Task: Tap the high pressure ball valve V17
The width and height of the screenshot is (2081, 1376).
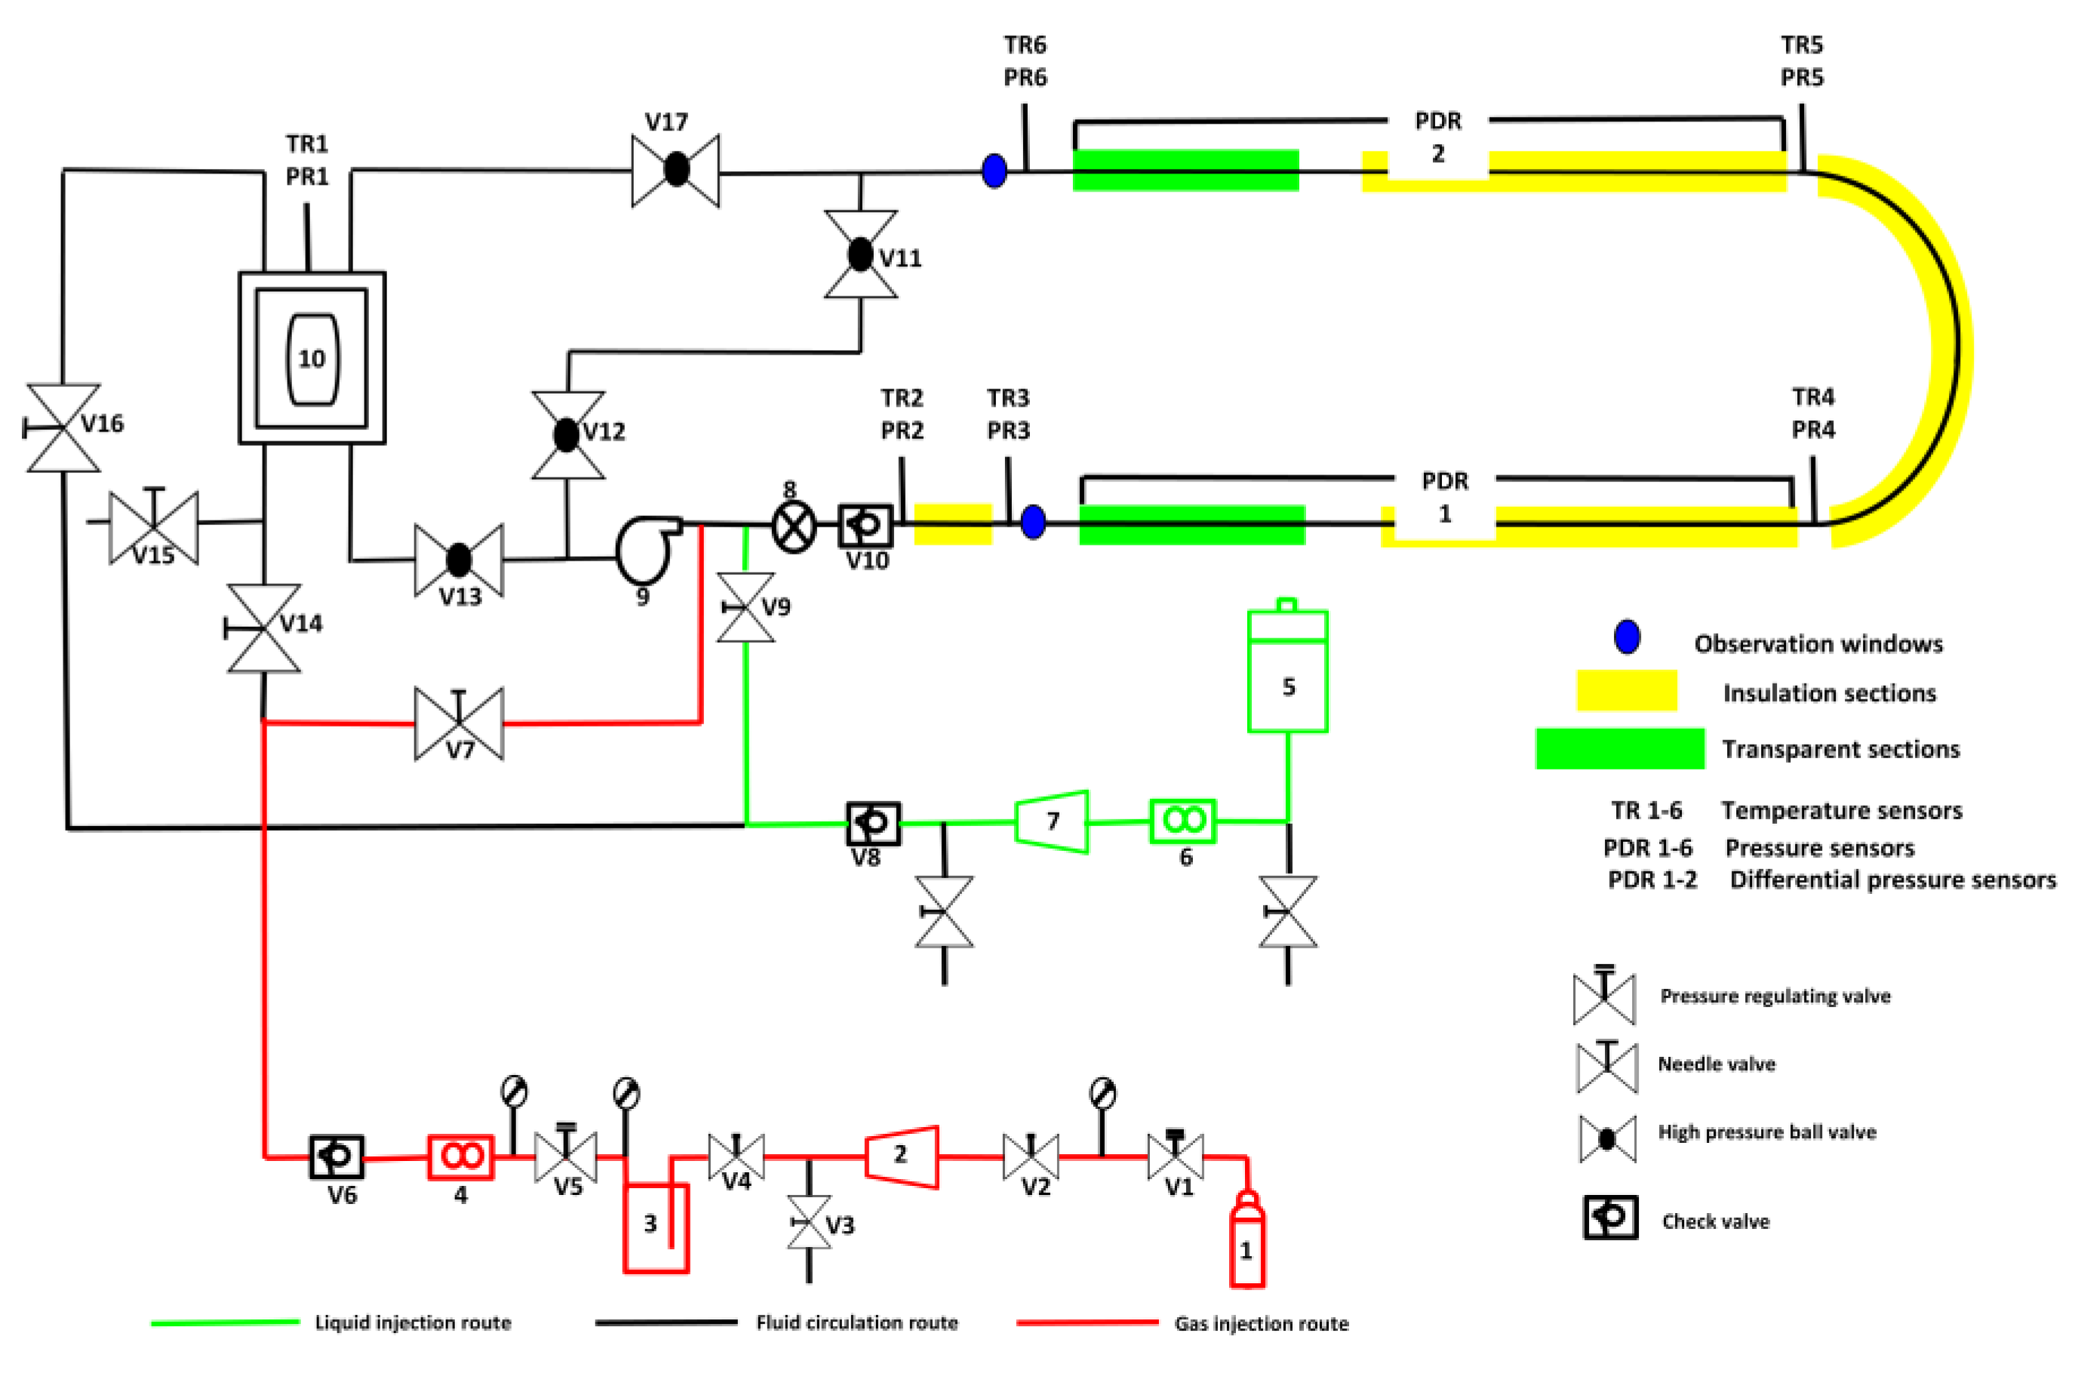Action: click(676, 170)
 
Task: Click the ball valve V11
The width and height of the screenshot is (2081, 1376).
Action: click(860, 254)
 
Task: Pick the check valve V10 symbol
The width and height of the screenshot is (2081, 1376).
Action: click(865, 526)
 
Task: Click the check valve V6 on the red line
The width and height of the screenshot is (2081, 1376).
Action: click(337, 1156)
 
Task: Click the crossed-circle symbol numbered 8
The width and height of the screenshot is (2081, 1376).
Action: click(794, 527)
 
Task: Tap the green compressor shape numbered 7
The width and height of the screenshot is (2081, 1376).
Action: click(1053, 822)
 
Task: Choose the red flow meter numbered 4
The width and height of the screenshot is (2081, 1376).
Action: click(461, 1157)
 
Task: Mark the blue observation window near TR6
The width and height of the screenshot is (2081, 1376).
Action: click(994, 170)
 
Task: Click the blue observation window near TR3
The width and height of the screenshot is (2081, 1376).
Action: click(1033, 522)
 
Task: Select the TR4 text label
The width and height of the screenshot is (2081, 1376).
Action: click(1813, 398)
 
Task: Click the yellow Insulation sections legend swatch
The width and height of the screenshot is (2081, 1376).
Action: click(1628, 690)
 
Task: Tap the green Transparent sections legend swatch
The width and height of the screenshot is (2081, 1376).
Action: click(1620, 748)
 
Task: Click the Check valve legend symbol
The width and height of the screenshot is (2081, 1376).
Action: click(1611, 1217)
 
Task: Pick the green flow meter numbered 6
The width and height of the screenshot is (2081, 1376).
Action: click(1183, 822)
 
